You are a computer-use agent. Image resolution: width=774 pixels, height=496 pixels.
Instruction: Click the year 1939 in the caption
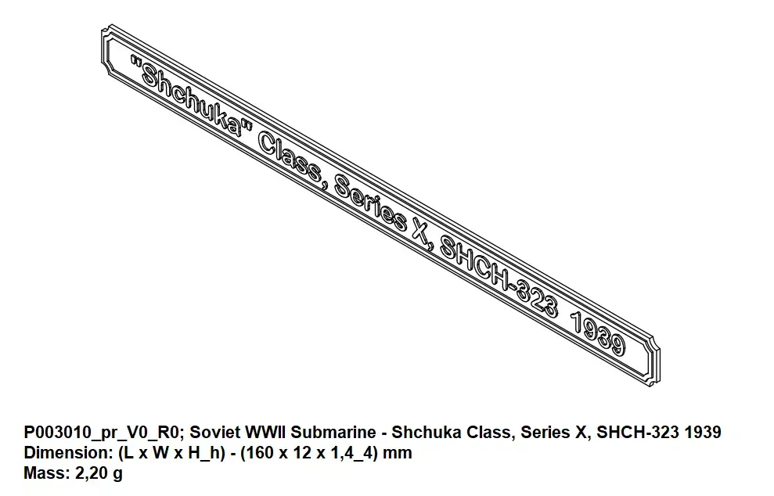702,433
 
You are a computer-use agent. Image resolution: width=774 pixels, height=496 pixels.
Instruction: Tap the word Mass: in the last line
45,473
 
